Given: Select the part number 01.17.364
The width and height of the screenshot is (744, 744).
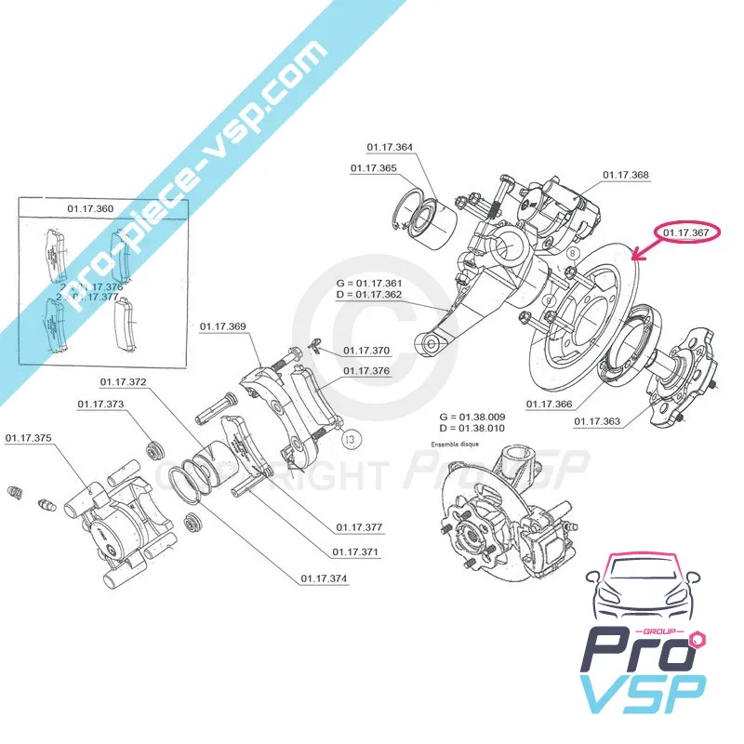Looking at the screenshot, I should (390, 147).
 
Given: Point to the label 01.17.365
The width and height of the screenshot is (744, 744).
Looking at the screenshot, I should (373, 168).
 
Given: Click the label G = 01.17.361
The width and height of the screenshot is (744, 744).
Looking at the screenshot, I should (370, 283).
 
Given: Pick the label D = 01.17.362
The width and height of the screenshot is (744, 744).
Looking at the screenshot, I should (370, 296).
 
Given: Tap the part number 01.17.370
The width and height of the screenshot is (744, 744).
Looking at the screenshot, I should (366, 351).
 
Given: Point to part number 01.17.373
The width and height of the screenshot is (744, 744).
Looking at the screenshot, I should (100, 405).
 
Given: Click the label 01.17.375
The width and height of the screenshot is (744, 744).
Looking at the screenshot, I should (29, 437).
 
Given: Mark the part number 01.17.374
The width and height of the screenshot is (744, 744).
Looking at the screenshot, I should (324, 578).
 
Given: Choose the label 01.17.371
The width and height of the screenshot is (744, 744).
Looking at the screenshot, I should (355, 552).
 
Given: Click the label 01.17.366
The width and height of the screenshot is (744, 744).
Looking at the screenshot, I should (549, 404).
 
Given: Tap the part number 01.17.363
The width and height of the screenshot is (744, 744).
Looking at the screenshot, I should (597, 421).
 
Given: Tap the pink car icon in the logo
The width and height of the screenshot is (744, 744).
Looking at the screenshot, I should (641, 591).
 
